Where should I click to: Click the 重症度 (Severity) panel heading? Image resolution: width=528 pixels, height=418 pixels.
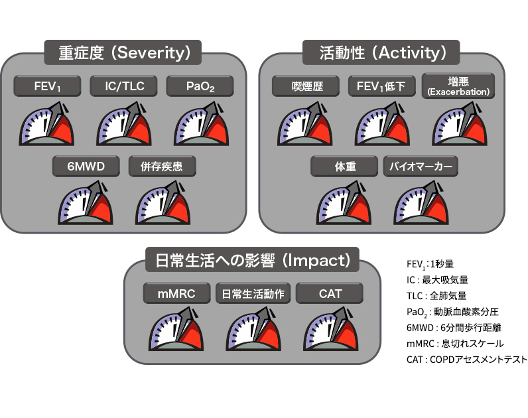pos(124,52)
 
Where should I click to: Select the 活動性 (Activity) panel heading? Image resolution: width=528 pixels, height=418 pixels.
pos(379,52)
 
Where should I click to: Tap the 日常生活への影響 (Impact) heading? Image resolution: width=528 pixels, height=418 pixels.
pos(252,259)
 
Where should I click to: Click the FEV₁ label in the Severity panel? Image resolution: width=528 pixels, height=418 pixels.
pos(48,86)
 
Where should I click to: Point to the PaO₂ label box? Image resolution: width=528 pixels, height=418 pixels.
pos(200,86)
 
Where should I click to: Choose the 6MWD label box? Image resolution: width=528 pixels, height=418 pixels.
pos(87,166)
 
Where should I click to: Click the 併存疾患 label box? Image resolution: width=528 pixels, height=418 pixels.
pos(164,166)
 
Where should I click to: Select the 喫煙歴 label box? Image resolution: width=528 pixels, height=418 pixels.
pos(306,86)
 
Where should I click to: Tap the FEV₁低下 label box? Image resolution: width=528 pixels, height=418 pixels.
pos(382,86)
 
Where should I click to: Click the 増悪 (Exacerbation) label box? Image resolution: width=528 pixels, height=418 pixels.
pos(458,86)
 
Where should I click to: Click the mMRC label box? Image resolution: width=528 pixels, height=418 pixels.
pos(176,293)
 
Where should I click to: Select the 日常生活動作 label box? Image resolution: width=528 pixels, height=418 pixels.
pos(253,293)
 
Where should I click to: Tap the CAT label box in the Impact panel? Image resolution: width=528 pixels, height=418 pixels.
pos(329,293)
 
